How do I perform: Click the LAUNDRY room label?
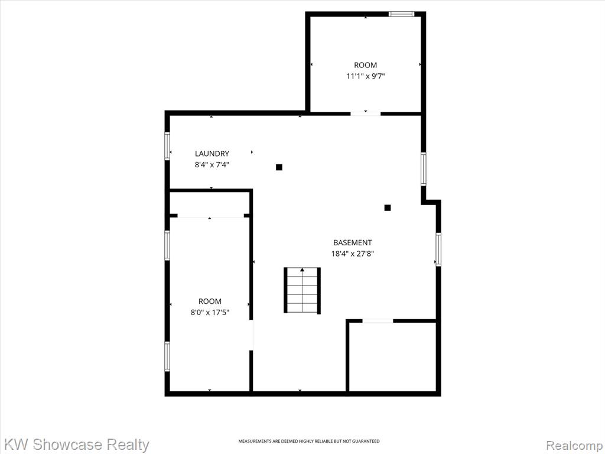(x=212, y=154)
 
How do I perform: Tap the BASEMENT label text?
(x=352, y=242)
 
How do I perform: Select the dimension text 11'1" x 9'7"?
(x=365, y=76)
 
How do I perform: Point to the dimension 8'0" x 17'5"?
(x=210, y=312)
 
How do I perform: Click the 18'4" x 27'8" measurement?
(x=353, y=254)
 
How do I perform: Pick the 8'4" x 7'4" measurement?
(x=212, y=165)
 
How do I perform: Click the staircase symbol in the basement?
(x=302, y=290)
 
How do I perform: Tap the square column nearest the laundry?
(x=279, y=167)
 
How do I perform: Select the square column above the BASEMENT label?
(x=388, y=207)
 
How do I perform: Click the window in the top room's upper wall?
(x=401, y=14)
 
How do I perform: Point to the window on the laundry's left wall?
(x=167, y=145)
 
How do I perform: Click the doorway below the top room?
(x=365, y=113)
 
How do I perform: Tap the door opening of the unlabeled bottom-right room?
(x=378, y=321)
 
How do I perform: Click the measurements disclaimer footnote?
(x=308, y=441)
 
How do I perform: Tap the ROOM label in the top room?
(x=365, y=65)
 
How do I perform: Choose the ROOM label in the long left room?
(x=210, y=301)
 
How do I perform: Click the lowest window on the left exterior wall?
(x=167, y=356)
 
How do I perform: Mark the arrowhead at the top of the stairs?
(x=302, y=270)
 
